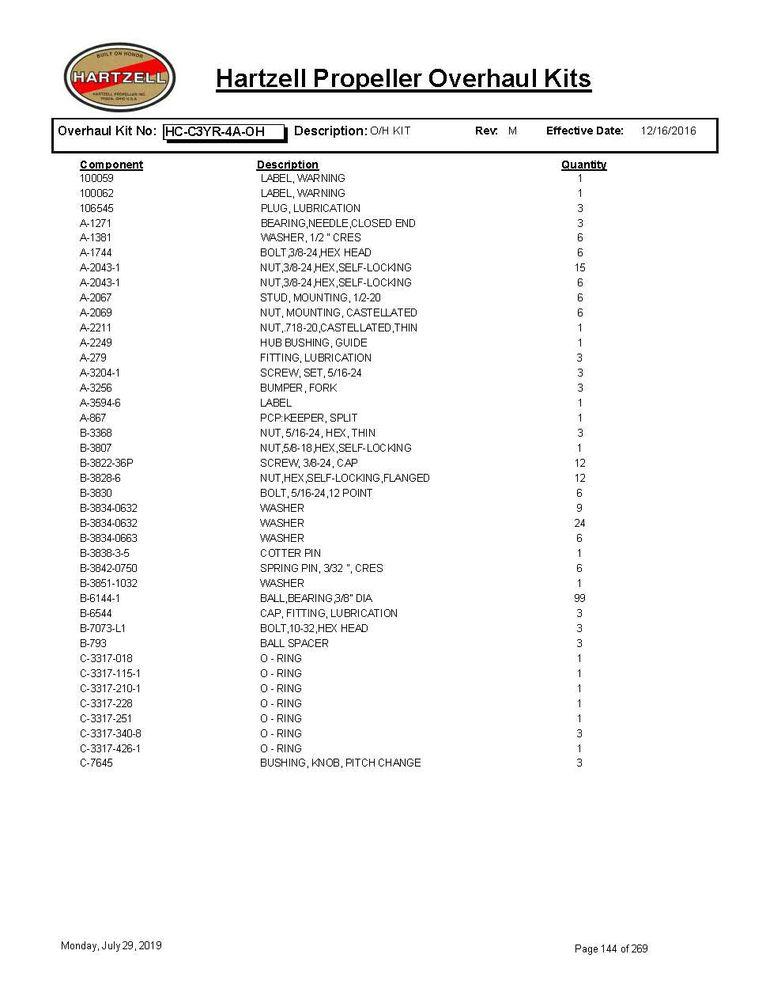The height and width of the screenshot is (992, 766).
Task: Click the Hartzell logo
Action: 119,78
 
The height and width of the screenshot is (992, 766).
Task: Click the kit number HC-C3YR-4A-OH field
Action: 224,132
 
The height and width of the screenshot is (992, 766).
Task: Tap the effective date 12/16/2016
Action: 668,131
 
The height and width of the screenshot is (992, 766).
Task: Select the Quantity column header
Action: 583,165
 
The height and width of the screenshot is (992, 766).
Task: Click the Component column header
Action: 111,165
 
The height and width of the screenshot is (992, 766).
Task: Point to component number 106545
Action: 96,208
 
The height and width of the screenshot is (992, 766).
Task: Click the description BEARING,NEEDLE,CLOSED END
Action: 338,223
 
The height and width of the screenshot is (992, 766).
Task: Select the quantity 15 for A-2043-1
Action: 579,268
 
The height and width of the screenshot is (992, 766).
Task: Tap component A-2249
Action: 96,343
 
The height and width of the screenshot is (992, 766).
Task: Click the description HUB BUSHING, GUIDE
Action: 313,343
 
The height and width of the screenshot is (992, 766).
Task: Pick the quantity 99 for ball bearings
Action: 579,598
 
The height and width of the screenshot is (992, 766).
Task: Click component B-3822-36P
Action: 106,463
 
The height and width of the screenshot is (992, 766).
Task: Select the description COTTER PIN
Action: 290,553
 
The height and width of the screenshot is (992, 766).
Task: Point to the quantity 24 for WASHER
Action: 579,523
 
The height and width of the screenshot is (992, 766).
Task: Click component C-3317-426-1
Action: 110,748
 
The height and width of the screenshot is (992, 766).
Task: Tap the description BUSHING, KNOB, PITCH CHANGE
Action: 340,763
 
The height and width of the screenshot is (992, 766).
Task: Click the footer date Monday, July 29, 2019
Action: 111,945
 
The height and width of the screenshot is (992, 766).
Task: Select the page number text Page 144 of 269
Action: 611,948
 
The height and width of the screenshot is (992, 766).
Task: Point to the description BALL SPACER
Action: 294,643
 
